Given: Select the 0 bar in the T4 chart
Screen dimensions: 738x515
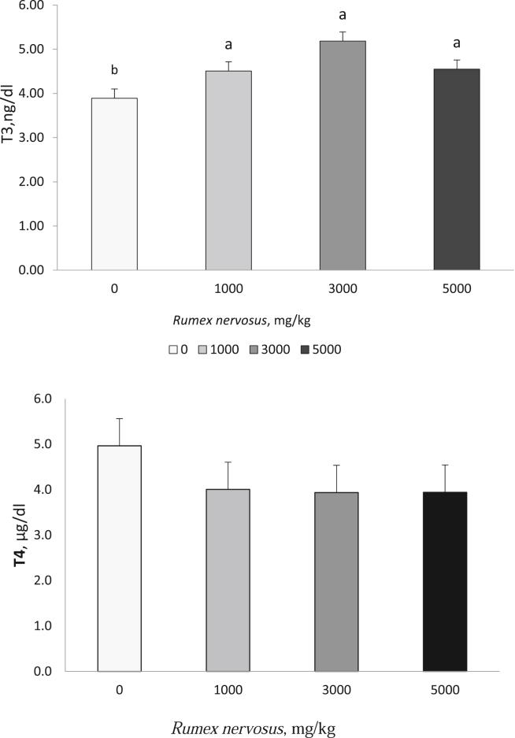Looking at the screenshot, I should [x=120, y=558].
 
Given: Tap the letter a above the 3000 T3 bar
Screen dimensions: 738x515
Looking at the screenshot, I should [x=343, y=14].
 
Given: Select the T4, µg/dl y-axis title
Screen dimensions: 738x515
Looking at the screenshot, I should [x=16, y=536].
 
